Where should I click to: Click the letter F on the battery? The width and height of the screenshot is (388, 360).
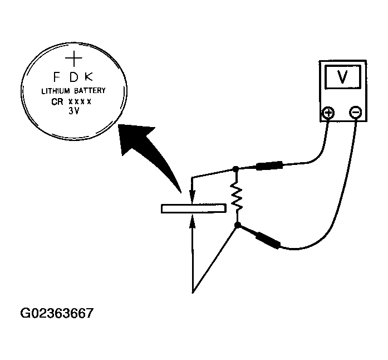(56, 76)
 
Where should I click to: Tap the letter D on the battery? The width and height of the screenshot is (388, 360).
(74, 76)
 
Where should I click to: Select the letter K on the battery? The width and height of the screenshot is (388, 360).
(91, 76)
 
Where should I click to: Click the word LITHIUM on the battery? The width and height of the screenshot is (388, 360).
(57, 91)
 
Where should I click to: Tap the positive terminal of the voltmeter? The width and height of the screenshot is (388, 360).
(328, 114)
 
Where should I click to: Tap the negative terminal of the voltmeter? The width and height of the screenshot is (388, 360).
(356, 114)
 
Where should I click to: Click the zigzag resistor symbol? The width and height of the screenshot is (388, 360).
(237, 197)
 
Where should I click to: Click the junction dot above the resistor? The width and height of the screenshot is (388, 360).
(236, 168)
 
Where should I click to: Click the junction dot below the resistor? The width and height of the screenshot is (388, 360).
(237, 226)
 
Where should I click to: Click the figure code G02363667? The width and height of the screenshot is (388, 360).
(56, 313)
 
